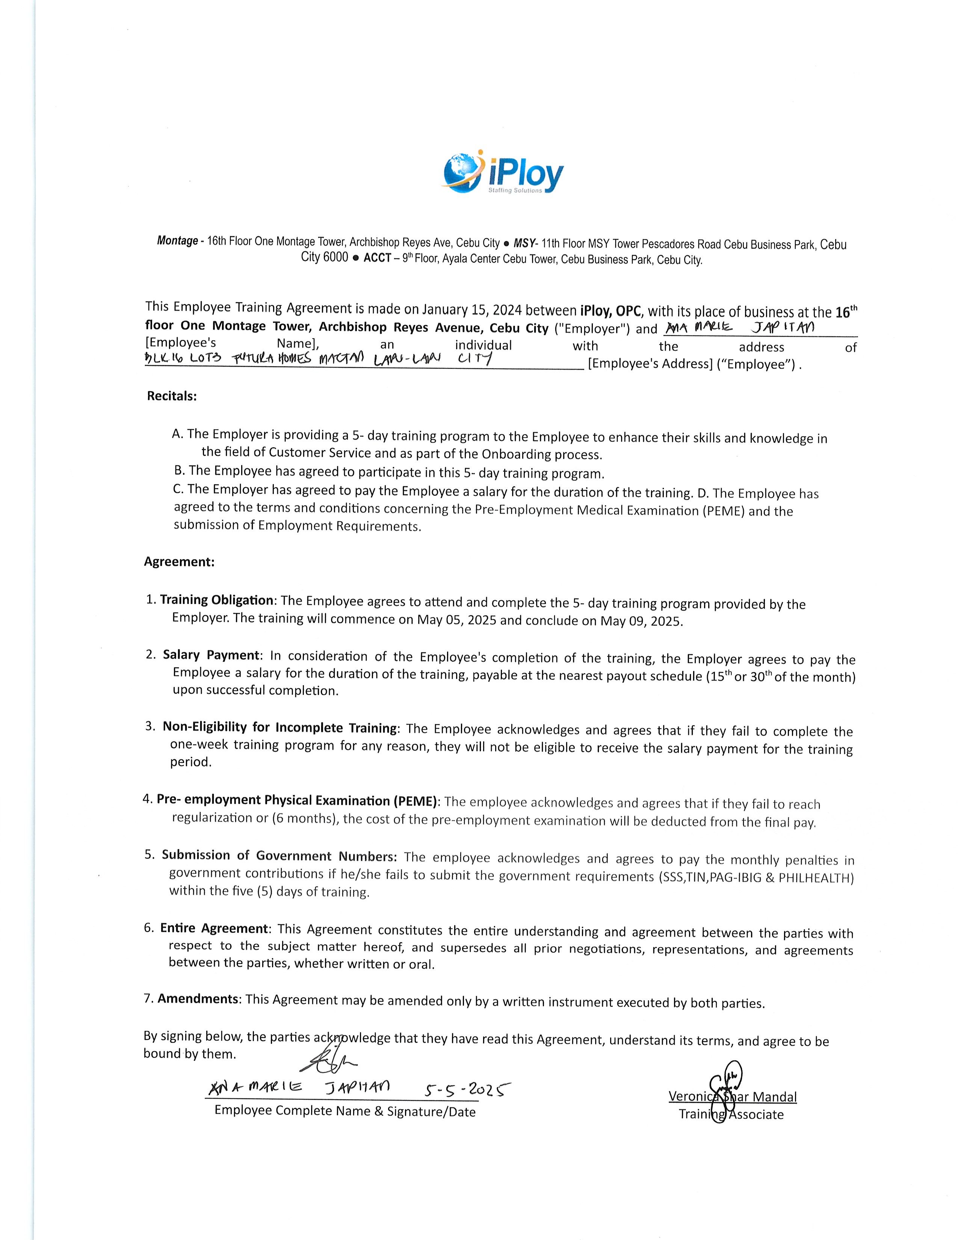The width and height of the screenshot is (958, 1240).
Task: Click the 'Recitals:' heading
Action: point(171,396)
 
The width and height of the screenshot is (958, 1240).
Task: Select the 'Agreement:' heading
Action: point(179,562)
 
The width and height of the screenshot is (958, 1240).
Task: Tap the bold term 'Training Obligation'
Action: point(217,600)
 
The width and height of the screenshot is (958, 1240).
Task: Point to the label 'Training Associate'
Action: point(731,1114)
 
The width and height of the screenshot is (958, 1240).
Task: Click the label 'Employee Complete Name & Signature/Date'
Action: point(345,1111)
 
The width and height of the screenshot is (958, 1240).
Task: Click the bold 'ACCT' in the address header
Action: point(378,259)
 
